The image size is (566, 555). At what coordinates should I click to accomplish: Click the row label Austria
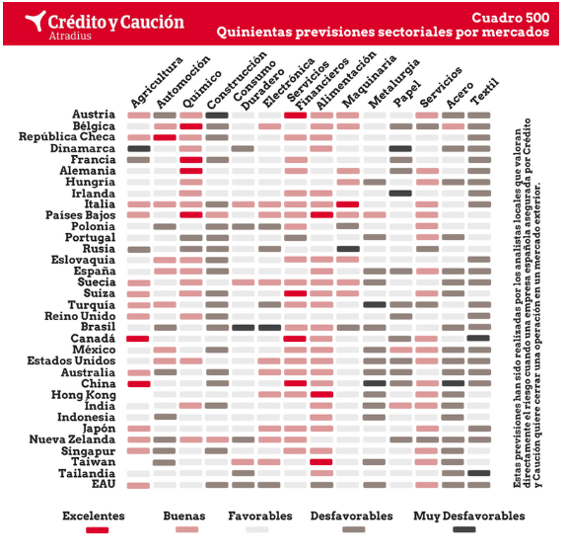tap(94, 115)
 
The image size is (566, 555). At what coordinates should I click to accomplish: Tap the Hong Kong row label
tap(84, 395)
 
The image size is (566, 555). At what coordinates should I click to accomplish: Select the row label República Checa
tap(67, 136)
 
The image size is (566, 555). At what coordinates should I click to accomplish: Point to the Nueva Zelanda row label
tap(72, 439)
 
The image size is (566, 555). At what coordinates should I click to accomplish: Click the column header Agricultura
tap(157, 82)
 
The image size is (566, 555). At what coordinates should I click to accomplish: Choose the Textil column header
tap(485, 92)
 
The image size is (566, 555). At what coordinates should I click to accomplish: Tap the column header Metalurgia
tap(393, 83)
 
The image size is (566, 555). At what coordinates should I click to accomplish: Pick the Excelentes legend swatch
tap(97, 530)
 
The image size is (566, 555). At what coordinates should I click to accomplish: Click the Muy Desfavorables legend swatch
tap(464, 529)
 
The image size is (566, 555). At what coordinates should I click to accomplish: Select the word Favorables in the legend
tap(260, 515)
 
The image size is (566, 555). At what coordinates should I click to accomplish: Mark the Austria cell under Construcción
tap(217, 116)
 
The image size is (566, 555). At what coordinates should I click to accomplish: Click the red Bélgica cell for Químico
tap(191, 126)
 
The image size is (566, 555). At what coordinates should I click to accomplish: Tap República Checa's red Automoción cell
tap(165, 137)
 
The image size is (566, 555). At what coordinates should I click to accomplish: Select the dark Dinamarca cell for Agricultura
tap(139, 148)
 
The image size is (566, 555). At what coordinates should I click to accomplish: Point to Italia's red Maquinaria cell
tap(348, 204)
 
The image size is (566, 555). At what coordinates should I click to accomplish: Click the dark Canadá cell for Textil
tap(478, 338)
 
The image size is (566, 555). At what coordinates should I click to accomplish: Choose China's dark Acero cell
tap(453, 383)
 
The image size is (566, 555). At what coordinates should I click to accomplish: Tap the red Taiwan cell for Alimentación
tap(321, 462)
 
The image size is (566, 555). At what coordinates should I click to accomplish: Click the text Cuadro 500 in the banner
tap(511, 18)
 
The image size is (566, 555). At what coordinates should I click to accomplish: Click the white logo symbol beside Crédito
tap(35, 21)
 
